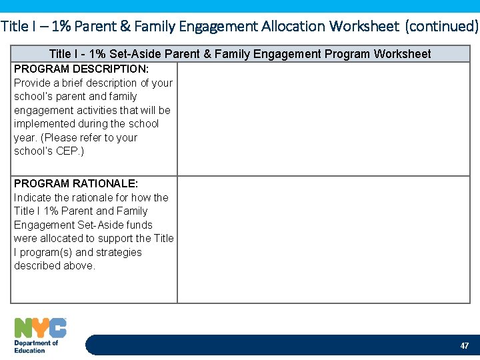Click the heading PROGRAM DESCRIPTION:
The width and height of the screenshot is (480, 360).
pos(81,69)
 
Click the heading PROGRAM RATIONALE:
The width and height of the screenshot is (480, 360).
pos(75,183)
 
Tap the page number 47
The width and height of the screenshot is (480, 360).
pos(464,346)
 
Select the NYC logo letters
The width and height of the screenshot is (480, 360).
pos(41,328)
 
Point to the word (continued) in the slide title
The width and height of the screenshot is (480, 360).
pos(443,27)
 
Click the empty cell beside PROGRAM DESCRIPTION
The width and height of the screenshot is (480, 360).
pos(323,119)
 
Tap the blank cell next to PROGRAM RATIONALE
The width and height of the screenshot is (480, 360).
pos(323,239)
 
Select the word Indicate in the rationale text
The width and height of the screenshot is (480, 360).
pos(33,197)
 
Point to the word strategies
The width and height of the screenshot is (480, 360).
pos(119,252)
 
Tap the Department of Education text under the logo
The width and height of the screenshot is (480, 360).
pos(36,347)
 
